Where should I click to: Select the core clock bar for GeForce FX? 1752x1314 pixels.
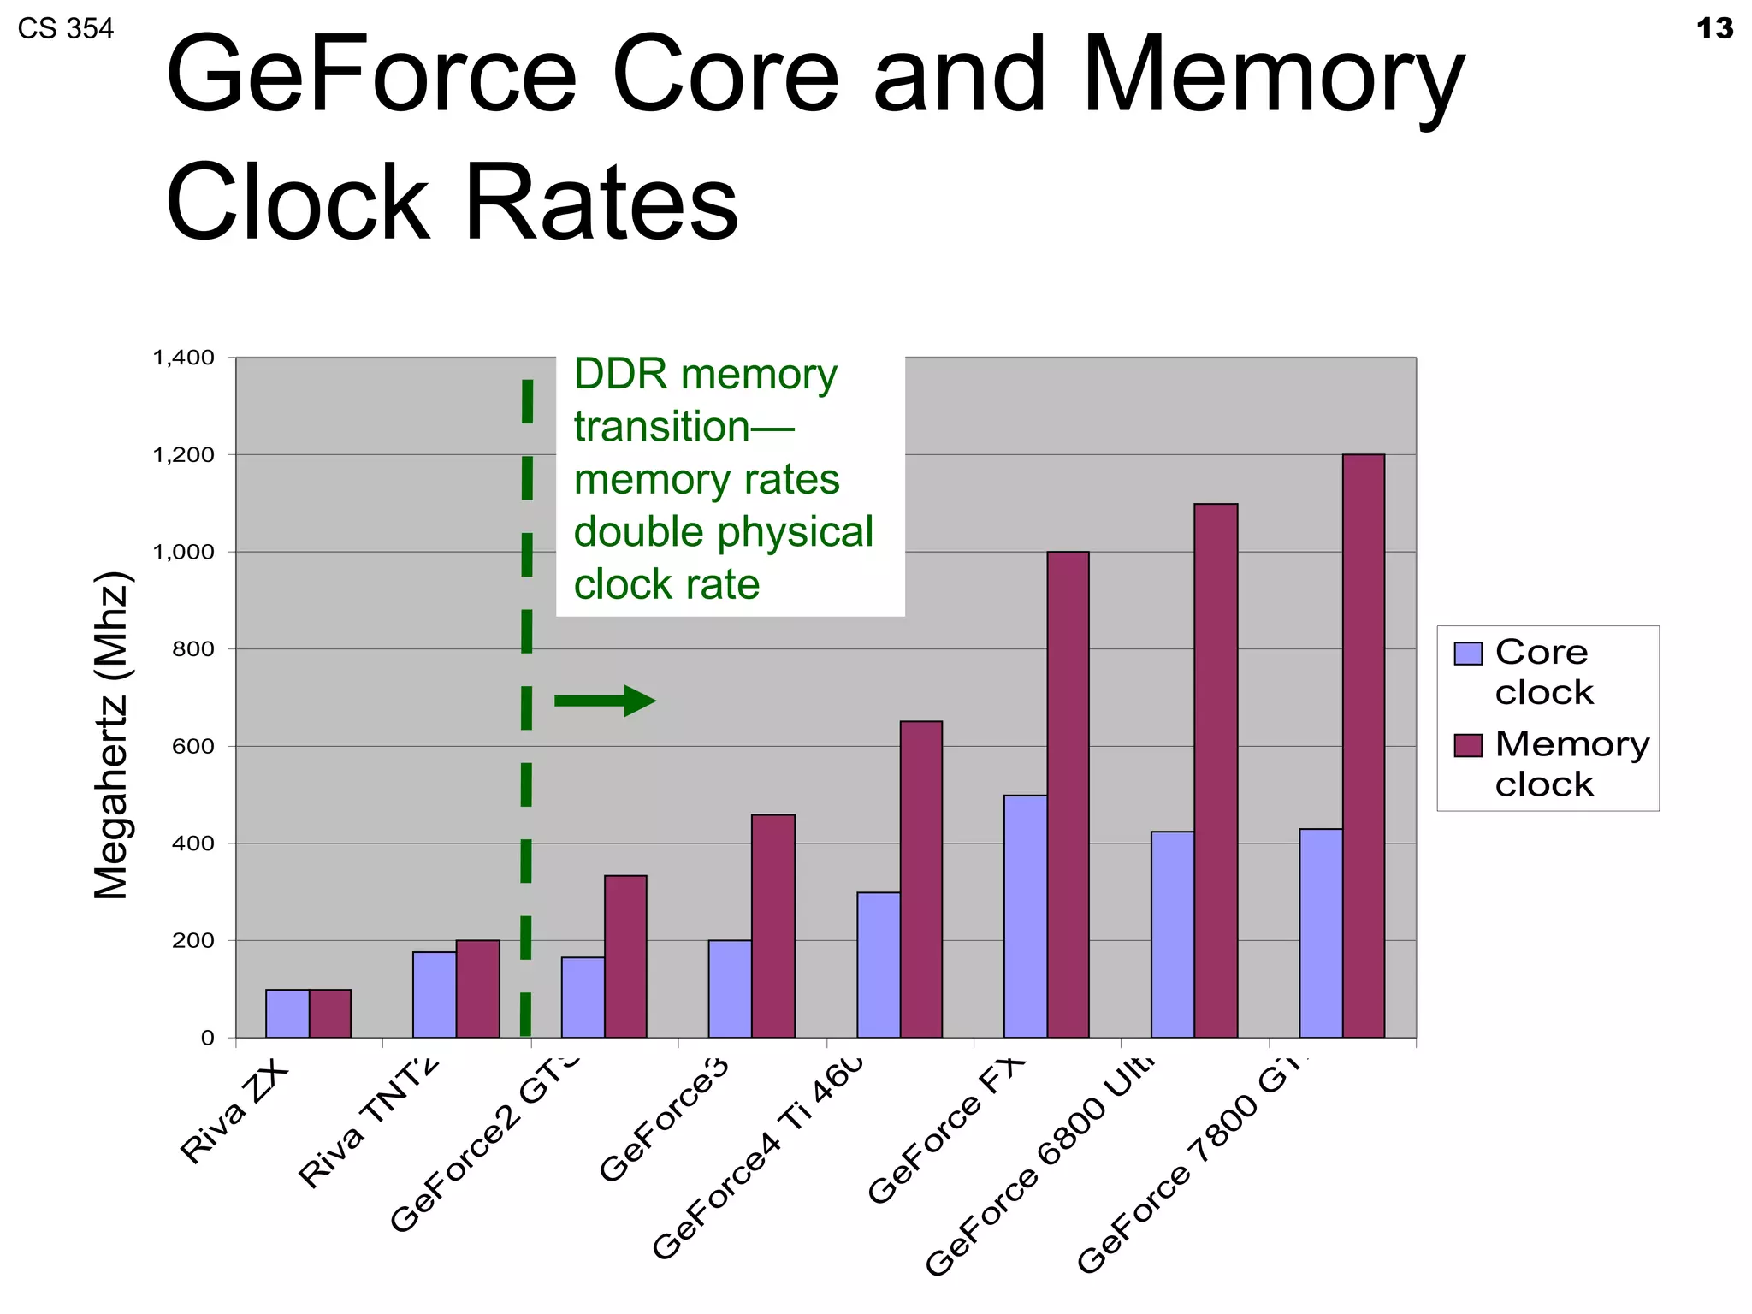pyautogui.click(x=1025, y=916)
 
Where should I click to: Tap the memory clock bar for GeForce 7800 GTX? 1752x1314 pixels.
pyautogui.click(x=1363, y=745)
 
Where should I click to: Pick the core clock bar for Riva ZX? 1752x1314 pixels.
pyautogui.click(x=287, y=1014)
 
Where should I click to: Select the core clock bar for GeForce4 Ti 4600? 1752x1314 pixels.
pyautogui.click(x=879, y=965)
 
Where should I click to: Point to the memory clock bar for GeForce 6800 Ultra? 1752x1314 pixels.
pyautogui.click(x=1216, y=770)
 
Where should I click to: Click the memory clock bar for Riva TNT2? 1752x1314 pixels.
pyautogui.click(x=477, y=989)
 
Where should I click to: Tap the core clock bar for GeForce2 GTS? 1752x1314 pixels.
pyautogui.click(x=583, y=997)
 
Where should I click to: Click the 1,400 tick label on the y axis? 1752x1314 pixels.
pyautogui.click(x=183, y=358)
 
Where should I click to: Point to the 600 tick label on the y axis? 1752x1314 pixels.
pyautogui.click(x=192, y=746)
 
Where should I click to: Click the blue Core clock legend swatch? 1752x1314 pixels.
pyautogui.click(x=1467, y=654)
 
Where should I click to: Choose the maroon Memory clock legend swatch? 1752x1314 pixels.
pyautogui.click(x=1467, y=745)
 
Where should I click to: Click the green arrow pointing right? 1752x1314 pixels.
pyautogui.click(x=605, y=701)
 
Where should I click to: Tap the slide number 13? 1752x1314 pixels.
pyautogui.click(x=1714, y=29)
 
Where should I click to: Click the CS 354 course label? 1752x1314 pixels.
pyautogui.click(x=65, y=29)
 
